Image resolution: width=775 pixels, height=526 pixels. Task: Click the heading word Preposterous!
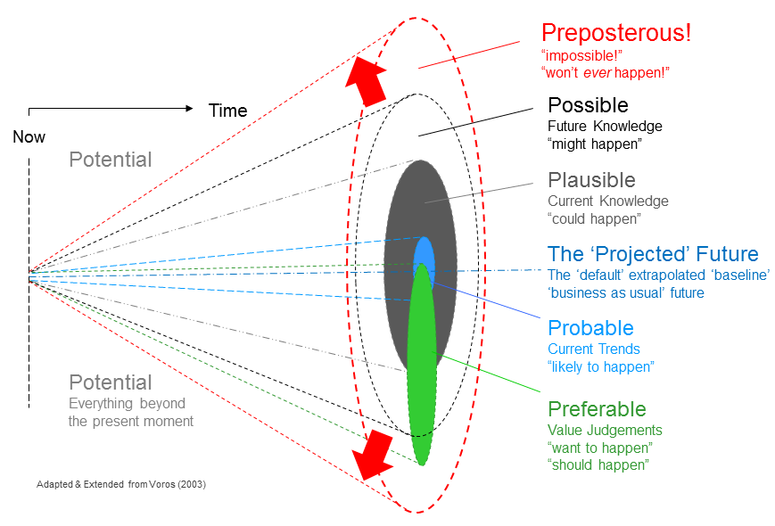pos(615,33)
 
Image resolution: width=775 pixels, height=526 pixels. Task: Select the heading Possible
pos(588,105)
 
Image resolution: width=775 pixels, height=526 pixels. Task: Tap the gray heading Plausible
pos(591,180)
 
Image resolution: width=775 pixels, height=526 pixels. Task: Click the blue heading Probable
pos(590,328)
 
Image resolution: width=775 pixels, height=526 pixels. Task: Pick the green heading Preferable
pos(597,409)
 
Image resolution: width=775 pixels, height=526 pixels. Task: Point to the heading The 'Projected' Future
pos(653,254)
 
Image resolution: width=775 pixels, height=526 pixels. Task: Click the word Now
pos(29,137)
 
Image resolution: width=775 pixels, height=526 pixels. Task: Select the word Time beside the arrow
pos(227,111)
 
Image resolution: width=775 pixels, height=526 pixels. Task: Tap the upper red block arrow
pos(368,79)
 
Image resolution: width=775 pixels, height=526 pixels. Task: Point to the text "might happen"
pos(594,144)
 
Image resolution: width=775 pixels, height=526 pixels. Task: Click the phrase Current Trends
pos(594,349)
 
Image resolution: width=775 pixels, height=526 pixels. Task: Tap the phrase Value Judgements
pos(605,430)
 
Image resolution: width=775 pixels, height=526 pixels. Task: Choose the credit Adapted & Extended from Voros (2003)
pos(120,485)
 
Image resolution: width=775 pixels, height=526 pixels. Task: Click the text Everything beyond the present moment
pos(130,412)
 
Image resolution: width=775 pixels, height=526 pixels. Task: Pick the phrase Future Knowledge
pos(605,126)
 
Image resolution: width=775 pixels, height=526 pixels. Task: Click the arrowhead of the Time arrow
pos(188,109)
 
